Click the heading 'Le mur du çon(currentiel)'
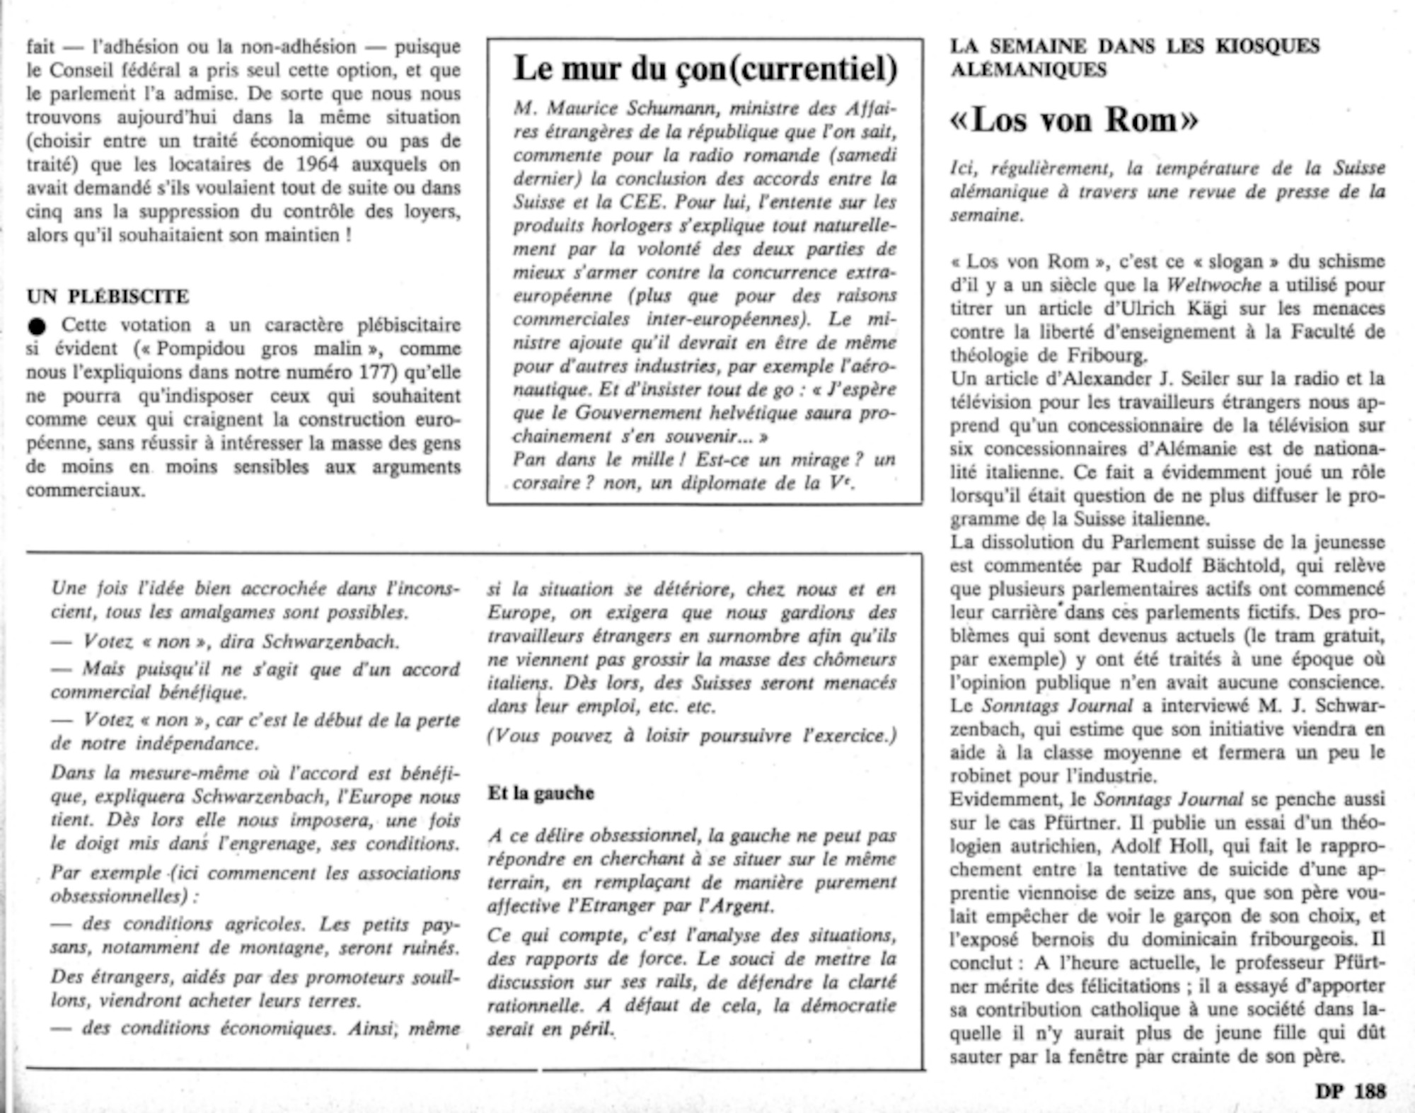pos(705,69)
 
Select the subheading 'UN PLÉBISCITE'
pos(108,296)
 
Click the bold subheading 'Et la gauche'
pos(541,793)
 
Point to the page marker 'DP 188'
pos(1351,1091)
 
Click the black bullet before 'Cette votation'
pos(37,326)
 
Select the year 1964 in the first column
pos(317,164)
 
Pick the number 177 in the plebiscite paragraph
pos(379,372)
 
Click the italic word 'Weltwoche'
pos(1213,285)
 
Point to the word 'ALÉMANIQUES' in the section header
pos(1028,69)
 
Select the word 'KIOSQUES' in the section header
pos(1268,46)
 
